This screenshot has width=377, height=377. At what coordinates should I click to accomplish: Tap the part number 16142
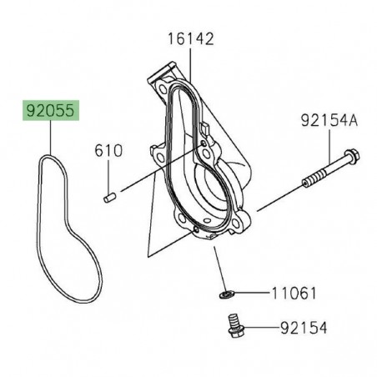point(190,38)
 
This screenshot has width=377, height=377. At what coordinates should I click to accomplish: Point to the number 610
point(108,152)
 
